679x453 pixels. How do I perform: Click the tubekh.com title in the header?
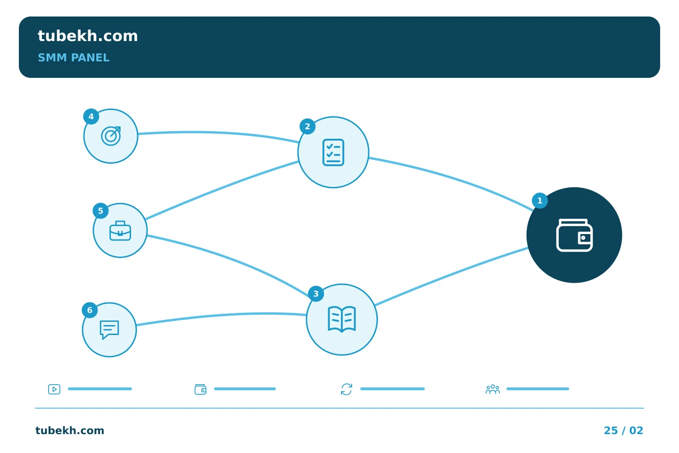tap(88, 36)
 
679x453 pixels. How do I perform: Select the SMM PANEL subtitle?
tap(74, 58)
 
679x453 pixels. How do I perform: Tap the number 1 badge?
tap(539, 201)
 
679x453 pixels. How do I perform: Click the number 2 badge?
tap(307, 126)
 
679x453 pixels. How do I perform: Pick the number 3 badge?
tap(316, 294)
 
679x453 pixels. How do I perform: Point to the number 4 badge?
tap(91, 117)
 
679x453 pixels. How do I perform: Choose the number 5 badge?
tap(100, 211)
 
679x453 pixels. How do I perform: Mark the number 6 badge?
tap(90, 310)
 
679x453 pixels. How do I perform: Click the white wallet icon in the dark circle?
tap(574, 235)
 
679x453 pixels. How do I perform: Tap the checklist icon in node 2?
tap(333, 152)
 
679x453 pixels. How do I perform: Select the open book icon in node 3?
tap(341, 319)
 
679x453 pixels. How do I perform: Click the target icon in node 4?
tap(111, 136)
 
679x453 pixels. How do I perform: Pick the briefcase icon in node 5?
tap(120, 231)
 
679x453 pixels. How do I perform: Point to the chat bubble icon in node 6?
tap(109, 329)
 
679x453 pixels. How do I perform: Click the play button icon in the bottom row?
tap(54, 389)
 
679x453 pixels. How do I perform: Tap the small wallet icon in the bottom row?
tap(200, 389)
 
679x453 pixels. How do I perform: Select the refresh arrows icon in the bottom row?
tap(347, 389)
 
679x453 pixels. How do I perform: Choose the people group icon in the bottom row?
tap(493, 389)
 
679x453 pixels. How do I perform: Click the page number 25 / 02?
tap(623, 430)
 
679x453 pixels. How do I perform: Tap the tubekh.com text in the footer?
tap(70, 430)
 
